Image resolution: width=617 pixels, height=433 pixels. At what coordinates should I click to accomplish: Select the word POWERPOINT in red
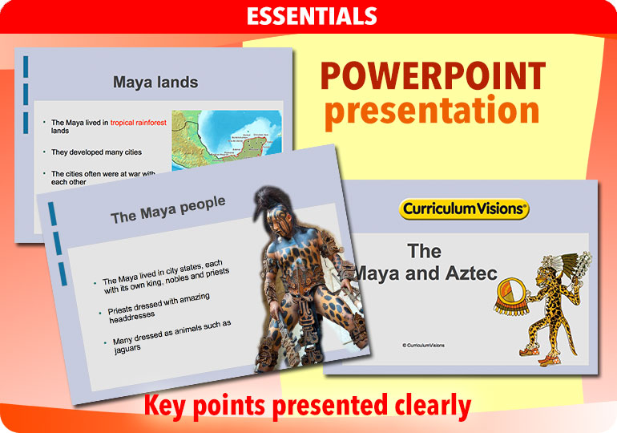pyautogui.click(x=433, y=77)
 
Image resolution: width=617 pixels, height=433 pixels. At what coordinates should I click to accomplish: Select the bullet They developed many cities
pyautogui.click(x=88, y=151)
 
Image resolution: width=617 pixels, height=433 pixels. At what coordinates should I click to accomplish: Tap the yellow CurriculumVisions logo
pyautogui.click(x=464, y=209)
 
